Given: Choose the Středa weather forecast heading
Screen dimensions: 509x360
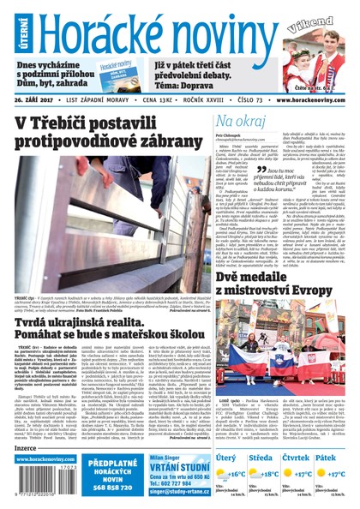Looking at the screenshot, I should tap(267, 458).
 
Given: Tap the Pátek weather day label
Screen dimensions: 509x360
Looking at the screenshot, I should tap(325, 458).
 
